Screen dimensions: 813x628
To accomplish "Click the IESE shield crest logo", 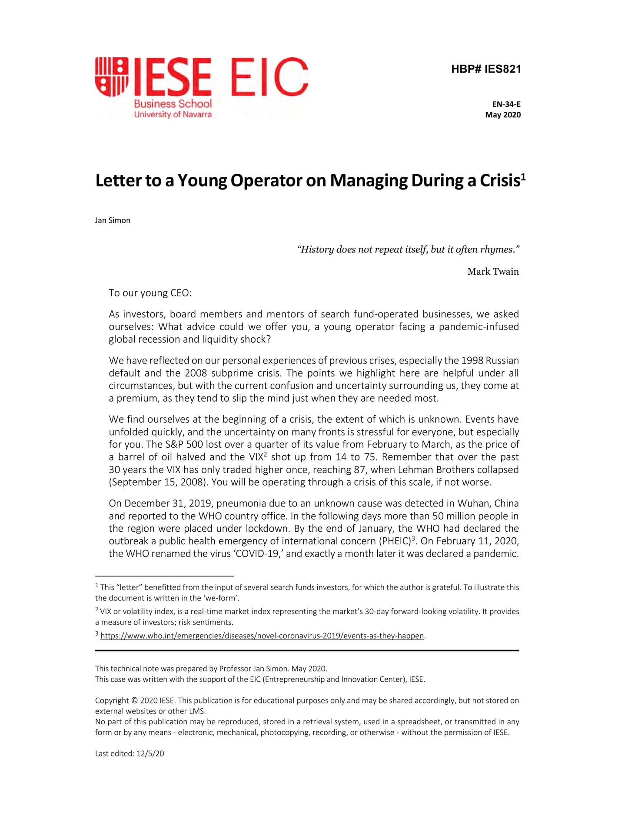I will tap(112, 77).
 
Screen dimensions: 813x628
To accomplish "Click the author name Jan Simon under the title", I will tap(113, 220).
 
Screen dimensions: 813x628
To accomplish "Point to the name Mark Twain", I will tap(493, 272).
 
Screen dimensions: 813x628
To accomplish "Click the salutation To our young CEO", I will tap(150, 293).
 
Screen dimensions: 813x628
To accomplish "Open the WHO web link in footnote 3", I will tap(262, 636).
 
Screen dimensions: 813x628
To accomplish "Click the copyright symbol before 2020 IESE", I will tap(134, 701).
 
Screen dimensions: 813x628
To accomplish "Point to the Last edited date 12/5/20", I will tap(150, 754).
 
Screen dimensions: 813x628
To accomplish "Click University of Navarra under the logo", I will tap(173, 115).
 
